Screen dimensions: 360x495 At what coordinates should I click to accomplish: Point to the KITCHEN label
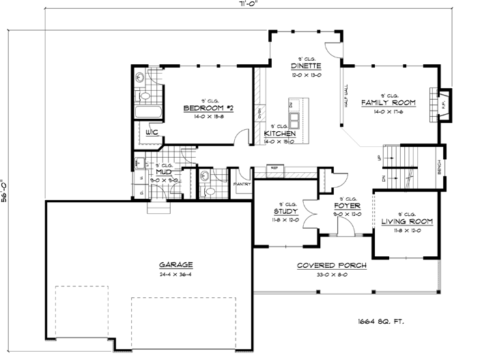pos(279,134)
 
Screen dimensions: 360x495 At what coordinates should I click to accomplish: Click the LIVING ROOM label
pos(408,222)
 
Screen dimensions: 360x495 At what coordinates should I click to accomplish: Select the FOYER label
pos(347,206)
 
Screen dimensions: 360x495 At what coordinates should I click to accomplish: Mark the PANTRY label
pos(243,183)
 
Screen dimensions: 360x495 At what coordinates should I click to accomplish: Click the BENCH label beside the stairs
pos(439,167)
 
